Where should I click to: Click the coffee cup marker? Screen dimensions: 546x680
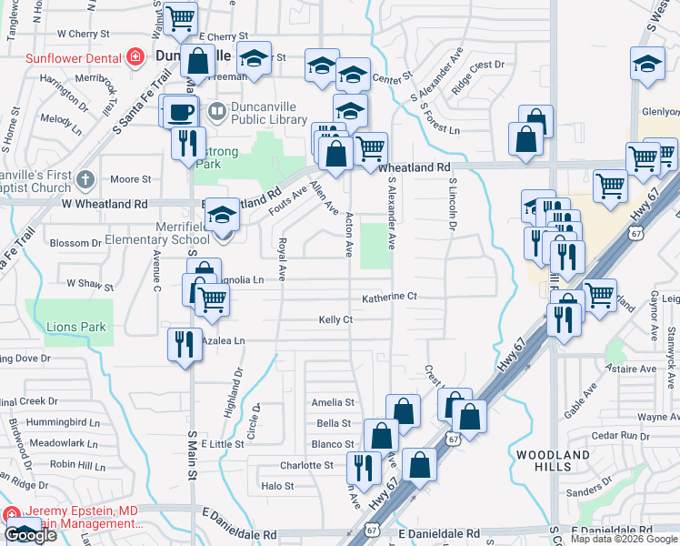(x=179, y=112)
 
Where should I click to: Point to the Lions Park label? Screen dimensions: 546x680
(x=77, y=327)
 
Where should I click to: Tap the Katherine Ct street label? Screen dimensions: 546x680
(x=389, y=298)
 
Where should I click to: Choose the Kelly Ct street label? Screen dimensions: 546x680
(x=335, y=319)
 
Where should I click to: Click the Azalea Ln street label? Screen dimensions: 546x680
(x=224, y=340)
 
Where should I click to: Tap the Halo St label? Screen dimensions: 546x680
(x=277, y=486)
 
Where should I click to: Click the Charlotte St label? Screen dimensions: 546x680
(x=306, y=465)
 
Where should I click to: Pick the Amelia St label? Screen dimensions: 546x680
(x=332, y=402)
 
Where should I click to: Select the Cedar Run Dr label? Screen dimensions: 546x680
(x=618, y=436)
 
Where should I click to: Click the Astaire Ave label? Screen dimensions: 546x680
(x=632, y=369)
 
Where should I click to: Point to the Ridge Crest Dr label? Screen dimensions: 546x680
(x=477, y=90)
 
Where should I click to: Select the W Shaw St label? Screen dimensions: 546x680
(x=89, y=284)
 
